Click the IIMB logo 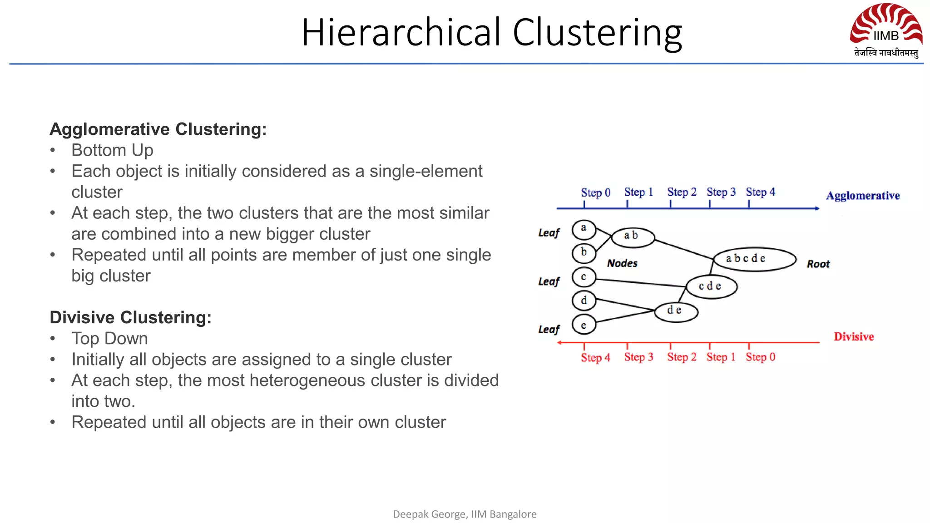(x=886, y=30)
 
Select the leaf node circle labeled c (x=584, y=277)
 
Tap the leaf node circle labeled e (x=584, y=325)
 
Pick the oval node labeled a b (x=633, y=237)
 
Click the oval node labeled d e (x=676, y=311)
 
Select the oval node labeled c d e (x=711, y=286)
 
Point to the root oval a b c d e (x=755, y=259)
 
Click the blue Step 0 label (x=595, y=192)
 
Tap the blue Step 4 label (x=760, y=192)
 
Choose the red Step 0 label (x=760, y=357)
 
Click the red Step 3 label (x=638, y=357)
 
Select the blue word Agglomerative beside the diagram (x=862, y=196)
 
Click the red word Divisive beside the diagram (x=853, y=337)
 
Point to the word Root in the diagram (x=818, y=264)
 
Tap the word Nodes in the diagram (x=622, y=263)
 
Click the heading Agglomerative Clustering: (x=158, y=129)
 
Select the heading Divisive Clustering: (x=131, y=317)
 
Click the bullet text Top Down (x=109, y=339)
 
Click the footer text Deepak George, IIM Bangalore (x=465, y=514)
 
